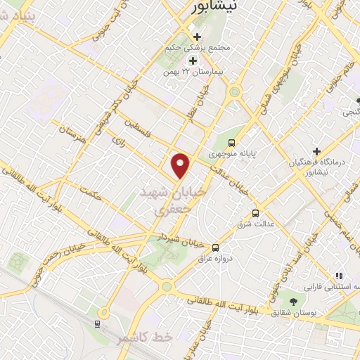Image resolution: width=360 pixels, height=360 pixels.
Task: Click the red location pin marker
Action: pyautogui.click(x=181, y=165)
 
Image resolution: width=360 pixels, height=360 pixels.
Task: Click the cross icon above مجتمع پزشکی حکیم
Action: pyautogui.click(x=197, y=37)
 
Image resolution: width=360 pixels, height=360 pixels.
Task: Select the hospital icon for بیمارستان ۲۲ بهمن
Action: pyautogui.click(x=193, y=60)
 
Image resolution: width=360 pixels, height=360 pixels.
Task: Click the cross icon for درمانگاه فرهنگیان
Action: pyautogui.click(x=317, y=152)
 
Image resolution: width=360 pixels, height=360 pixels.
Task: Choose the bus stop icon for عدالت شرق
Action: pyautogui.click(x=255, y=213)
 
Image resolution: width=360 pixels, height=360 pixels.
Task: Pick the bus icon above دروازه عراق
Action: pyautogui.click(x=215, y=247)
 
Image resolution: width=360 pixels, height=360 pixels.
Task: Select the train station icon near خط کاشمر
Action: pyautogui.click(x=96, y=324)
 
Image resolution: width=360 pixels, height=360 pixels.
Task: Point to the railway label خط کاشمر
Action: pyautogui.click(x=146, y=338)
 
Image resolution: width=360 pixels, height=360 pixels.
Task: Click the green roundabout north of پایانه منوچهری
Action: pyautogui.click(x=234, y=91)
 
